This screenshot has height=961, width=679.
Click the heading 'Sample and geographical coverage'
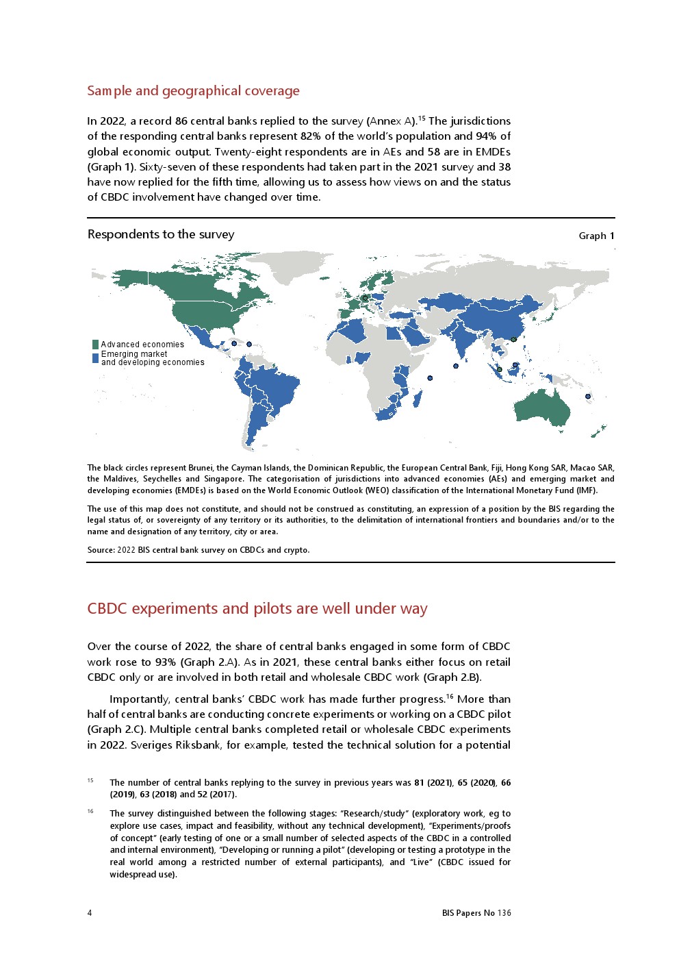coord(193,91)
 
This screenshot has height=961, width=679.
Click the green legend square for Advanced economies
coord(96,345)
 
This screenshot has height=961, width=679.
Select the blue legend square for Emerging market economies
coord(96,358)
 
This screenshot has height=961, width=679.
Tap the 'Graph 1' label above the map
coord(596,236)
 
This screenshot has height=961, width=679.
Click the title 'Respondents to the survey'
coord(161,234)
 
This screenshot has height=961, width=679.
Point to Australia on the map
coord(541,408)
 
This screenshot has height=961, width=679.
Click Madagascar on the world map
coord(418,398)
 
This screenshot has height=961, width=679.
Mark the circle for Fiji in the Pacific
coord(587,396)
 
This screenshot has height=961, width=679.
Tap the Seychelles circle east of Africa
coord(430,378)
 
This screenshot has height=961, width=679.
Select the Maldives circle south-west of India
coord(456,366)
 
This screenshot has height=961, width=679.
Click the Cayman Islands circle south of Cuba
coord(234,343)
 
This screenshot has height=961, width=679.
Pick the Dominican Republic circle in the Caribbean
coord(249,344)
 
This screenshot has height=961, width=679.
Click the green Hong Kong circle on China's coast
coord(513,339)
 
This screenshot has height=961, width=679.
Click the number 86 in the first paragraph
coord(181,121)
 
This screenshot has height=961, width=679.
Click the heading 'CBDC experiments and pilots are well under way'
coord(257,609)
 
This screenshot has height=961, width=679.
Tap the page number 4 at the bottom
coord(90,912)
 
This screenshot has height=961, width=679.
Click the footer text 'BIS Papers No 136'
coord(476,912)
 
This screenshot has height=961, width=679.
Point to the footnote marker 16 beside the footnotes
coord(90,812)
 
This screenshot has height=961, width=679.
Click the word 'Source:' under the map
coord(101,550)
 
